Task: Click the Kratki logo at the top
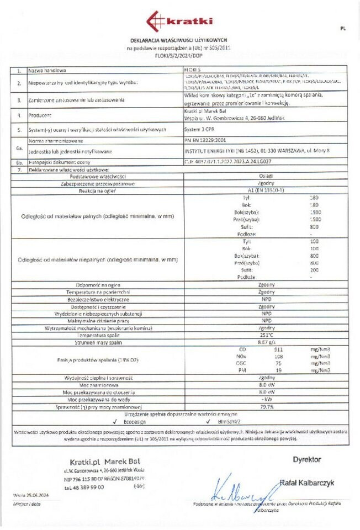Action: coord(179,21)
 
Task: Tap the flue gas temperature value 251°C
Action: coord(266,335)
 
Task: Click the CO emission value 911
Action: coord(278,349)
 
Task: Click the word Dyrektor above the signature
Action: coord(307,459)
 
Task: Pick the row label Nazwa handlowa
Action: coord(49,71)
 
